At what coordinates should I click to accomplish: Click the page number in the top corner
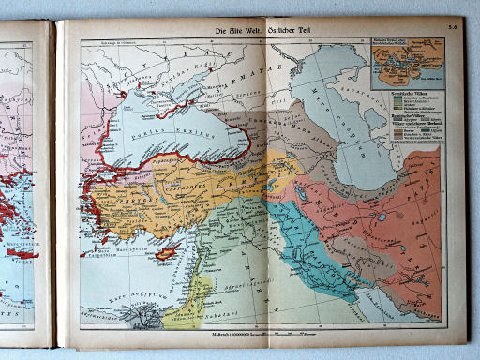coord(451,32)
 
